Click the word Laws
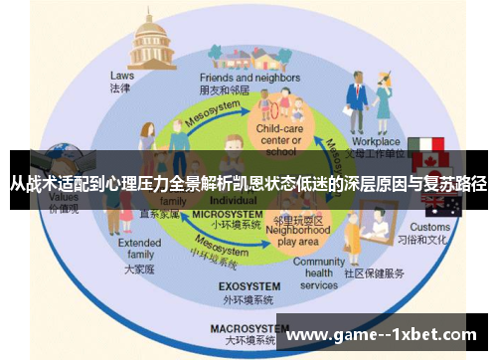point(121,75)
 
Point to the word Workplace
point(375,142)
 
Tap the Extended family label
point(139,248)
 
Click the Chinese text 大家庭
point(138,270)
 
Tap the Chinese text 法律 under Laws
point(120,89)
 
